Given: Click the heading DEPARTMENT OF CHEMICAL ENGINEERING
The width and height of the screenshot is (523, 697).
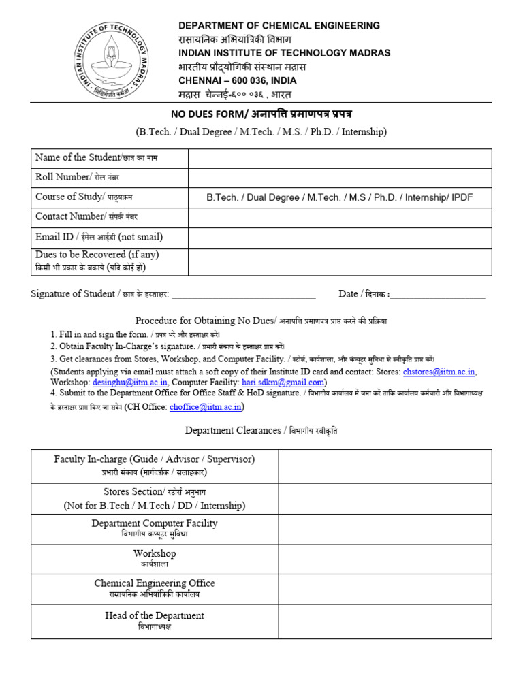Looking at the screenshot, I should pos(279,26).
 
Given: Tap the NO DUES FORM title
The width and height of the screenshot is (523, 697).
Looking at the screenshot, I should pos(261,113).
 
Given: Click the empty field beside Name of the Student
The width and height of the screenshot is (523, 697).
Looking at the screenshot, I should pos(340,158).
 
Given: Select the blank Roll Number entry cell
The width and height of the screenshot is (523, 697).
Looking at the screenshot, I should pos(340,178).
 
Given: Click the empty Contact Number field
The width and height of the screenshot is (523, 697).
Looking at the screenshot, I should pos(340,217).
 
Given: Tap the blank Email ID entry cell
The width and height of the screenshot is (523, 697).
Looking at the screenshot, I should pos(340,238).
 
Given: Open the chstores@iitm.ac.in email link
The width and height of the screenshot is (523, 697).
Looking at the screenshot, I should pos(439,372).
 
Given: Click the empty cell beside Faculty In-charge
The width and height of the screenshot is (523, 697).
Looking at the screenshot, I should pos(385,466).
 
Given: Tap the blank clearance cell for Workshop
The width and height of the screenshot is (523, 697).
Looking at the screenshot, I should pos(385,558).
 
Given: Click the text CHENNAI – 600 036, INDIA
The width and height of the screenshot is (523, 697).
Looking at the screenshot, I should pos(238,80).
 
